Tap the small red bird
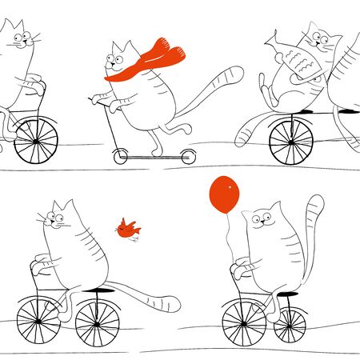126,230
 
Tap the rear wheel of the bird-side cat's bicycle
98,322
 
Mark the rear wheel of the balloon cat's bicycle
290,324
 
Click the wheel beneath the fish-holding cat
291,138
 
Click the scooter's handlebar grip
94,99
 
